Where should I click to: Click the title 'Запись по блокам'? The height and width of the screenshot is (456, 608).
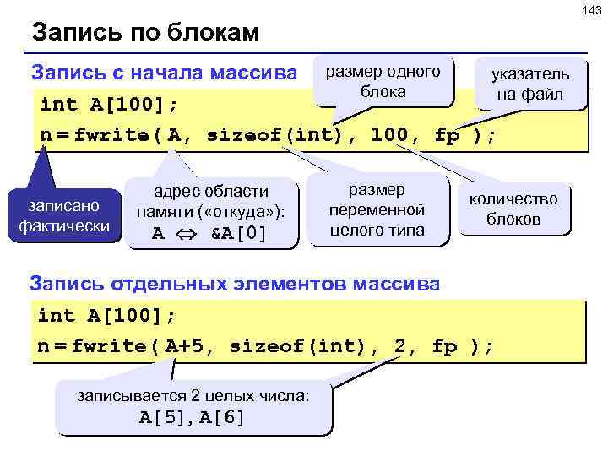click(x=145, y=34)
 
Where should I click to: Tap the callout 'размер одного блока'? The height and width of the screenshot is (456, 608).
click(x=383, y=81)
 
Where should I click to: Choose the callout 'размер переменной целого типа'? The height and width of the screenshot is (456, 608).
click(x=377, y=209)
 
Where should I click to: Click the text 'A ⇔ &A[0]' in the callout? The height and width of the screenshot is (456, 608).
click(x=209, y=234)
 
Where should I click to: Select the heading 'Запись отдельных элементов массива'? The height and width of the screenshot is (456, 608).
click(x=235, y=284)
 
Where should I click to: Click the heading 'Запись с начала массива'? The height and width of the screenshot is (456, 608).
click(x=164, y=73)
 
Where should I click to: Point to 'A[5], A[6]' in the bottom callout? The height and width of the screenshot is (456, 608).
click(x=193, y=415)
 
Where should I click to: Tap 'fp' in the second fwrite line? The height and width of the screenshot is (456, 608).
click(x=444, y=346)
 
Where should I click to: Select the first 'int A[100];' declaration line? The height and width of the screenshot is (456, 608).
click(x=109, y=104)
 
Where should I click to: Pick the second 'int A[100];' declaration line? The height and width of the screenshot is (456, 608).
click(x=107, y=316)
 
